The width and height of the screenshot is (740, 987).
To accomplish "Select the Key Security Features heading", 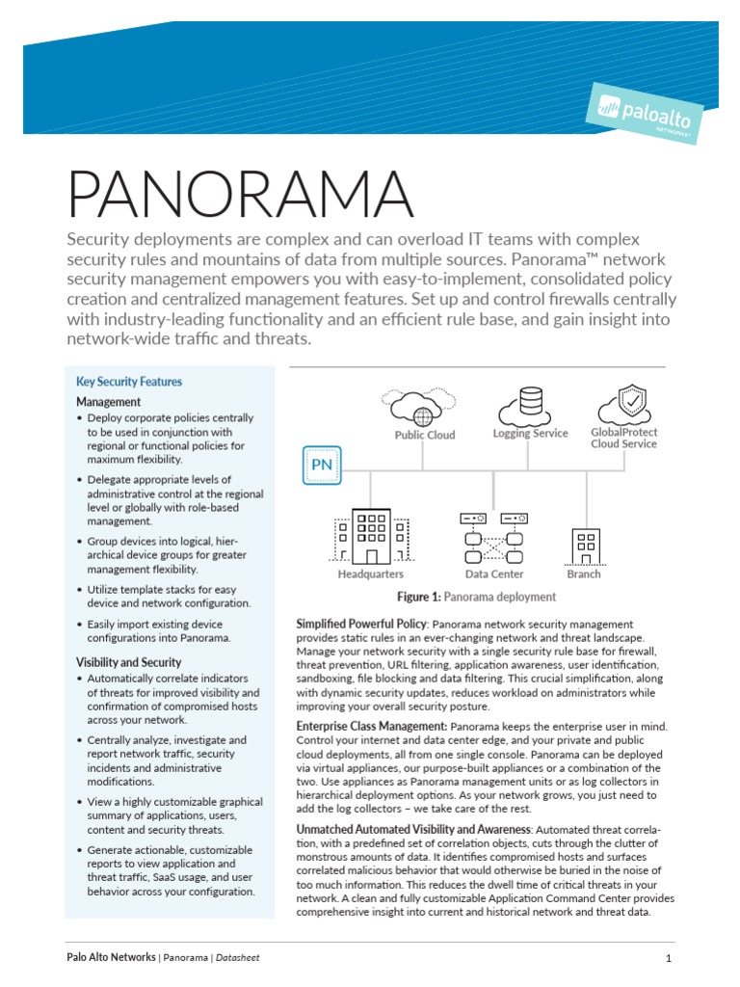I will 129,382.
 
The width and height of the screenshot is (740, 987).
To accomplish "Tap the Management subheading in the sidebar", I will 109,401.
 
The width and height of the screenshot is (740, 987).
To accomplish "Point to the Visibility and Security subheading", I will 128,662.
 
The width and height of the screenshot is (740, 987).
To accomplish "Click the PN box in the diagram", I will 321,466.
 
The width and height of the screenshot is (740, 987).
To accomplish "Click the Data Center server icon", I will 493,538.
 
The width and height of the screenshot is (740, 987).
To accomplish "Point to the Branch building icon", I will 585,546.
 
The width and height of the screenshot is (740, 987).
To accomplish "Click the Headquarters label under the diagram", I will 370,574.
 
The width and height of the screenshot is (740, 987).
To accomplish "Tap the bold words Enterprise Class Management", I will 371,725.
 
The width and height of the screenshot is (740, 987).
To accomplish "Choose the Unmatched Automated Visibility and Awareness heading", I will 412,829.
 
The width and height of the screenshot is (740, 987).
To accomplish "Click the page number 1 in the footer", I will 668,958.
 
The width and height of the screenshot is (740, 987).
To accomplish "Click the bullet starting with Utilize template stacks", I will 169,596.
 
